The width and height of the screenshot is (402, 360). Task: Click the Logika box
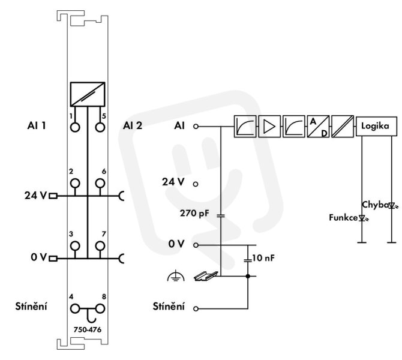pyautogui.click(x=376, y=126)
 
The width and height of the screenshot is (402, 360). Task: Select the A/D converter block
pyautogui.click(x=318, y=127)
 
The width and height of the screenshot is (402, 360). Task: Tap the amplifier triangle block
pyautogui.click(x=269, y=127)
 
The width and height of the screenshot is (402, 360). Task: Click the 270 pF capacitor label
pyautogui.click(x=194, y=214)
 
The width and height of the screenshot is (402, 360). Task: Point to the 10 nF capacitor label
pyautogui.click(x=263, y=258)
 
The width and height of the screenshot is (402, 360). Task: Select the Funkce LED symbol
pyautogui.click(x=363, y=218)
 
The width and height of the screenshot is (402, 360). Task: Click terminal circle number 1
pyautogui.click(x=75, y=127)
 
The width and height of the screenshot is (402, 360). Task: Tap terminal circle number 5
pyautogui.click(x=100, y=127)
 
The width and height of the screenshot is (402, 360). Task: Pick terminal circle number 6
pyautogui.click(x=100, y=184)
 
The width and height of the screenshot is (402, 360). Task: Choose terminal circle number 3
pyautogui.click(x=75, y=246)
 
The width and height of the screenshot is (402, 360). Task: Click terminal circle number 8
pyautogui.click(x=100, y=309)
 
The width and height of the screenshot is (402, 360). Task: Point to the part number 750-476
pyautogui.click(x=88, y=329)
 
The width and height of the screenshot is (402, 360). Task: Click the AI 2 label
pyautogui.click(x=133, y=125)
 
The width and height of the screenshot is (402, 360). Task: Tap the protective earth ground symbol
pyautogui.click(x=176, y=276)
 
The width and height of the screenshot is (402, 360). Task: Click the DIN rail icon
pyautogui.click(x=206, y=276)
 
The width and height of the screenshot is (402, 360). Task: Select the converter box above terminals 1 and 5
pyautogui.click(x=88, y=94)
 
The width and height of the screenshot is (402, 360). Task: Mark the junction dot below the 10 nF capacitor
pyautogui.click(x=248, y=276)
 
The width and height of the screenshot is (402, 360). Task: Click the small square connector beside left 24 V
pyautogui.click(x=53, y=196)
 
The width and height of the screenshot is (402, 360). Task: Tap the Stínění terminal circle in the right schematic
pyautogui.click(x=196, y=309)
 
